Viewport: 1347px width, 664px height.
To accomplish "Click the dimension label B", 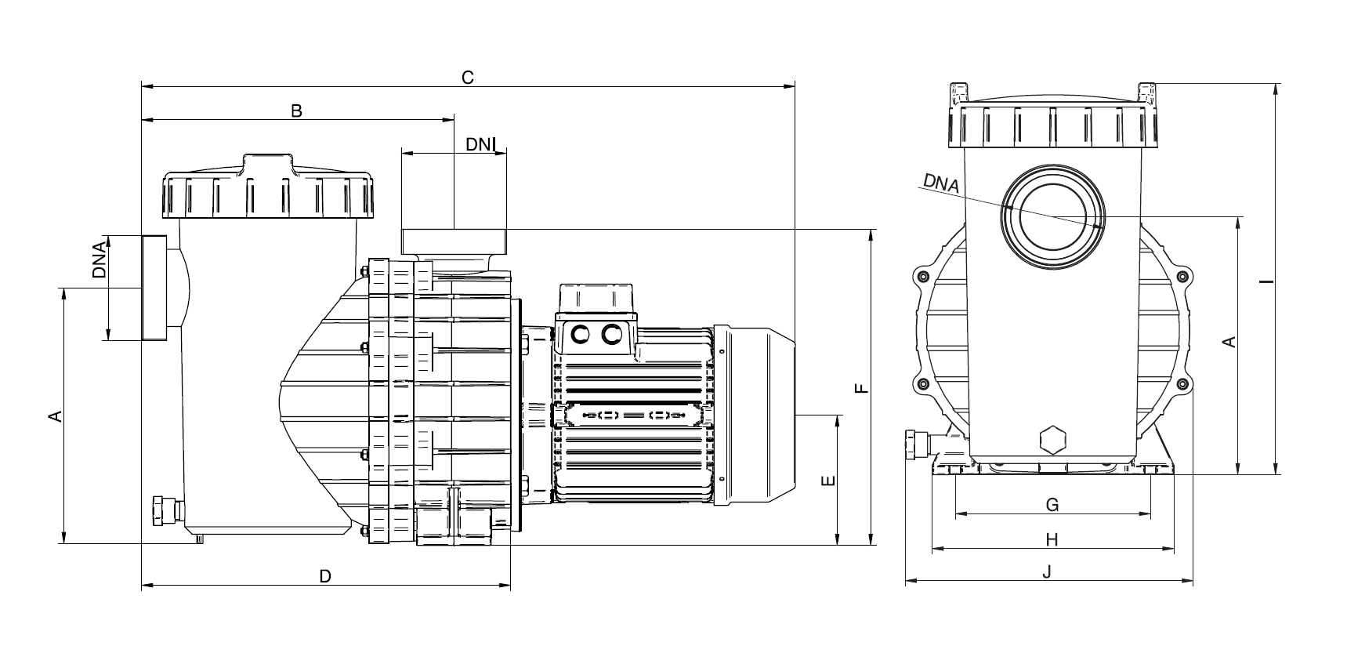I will (296, 111).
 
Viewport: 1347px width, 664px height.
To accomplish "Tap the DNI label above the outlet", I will (480, 144).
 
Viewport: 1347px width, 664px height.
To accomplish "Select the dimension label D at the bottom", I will (325, 576).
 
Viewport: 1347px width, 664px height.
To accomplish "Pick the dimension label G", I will (1052, 504).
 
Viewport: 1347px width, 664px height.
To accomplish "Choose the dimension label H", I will (1052, 539).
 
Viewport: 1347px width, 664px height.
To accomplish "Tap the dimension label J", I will (1048, 572).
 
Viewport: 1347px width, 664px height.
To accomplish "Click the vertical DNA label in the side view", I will (99, 261).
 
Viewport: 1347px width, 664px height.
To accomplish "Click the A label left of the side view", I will (55, 415).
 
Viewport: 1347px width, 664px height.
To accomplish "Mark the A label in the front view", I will (1229, 342).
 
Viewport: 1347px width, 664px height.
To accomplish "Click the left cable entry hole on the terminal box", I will (581, 335).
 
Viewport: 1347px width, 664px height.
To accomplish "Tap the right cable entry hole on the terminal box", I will (610, 335).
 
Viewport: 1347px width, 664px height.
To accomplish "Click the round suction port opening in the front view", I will (1052, 216).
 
